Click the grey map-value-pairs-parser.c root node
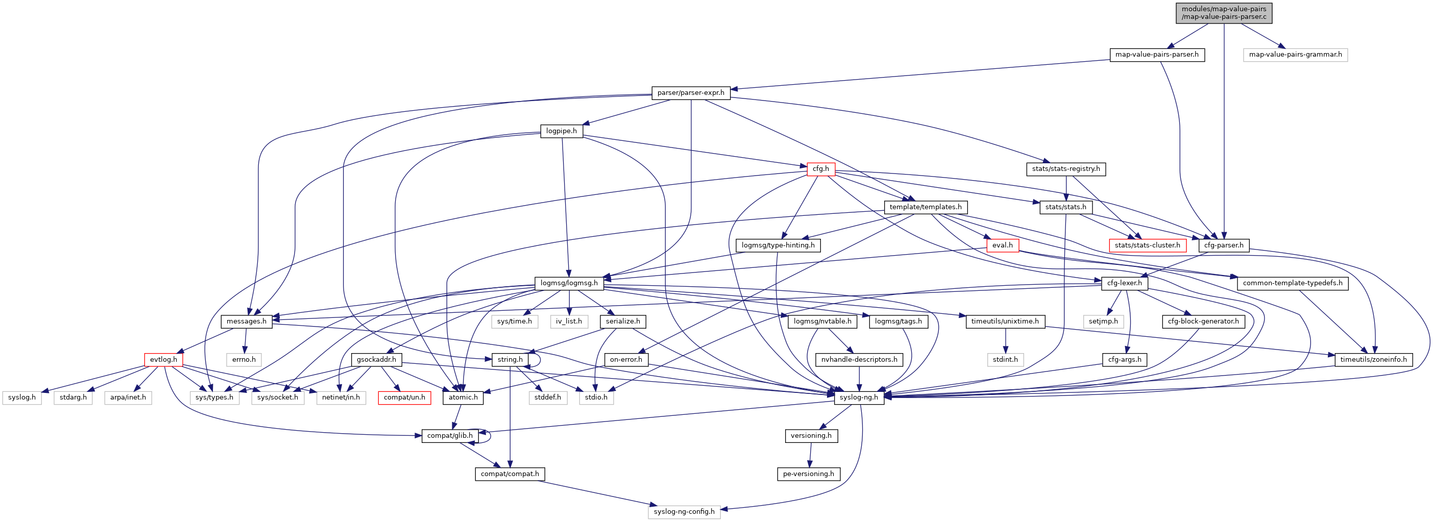point(1223,13)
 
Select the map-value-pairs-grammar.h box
point(1295,55)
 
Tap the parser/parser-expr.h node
point(690,93)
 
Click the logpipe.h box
point(561,131)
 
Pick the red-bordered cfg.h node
point(820,169)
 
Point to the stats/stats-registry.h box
point(1066,169)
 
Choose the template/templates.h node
point(925,207)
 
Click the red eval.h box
point(1003,245)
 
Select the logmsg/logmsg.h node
point(569,283)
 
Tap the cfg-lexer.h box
point(1124,283)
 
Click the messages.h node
point(247,321)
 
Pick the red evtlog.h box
point(163,360)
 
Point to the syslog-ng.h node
point(859,397)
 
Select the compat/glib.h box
point(449,436)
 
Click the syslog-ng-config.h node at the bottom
point(684,511)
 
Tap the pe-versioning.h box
point(808,474)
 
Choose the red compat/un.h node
point(404,397)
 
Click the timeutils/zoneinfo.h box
point(1373,360)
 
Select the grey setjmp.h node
point(1103,321)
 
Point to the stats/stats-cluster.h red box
point(1147,245)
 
